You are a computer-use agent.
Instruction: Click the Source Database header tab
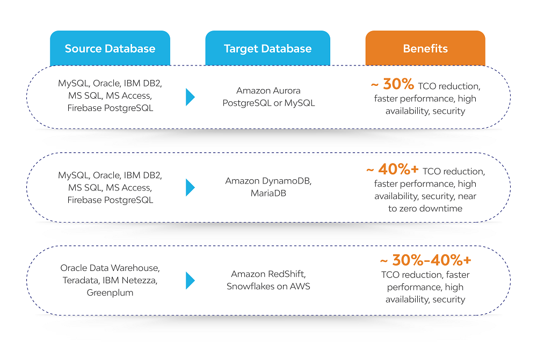[110, 48]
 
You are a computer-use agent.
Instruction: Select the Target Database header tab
[268, 48]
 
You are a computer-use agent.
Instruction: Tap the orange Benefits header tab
[425, 48]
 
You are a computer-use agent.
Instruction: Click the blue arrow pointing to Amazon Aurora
[191, 97]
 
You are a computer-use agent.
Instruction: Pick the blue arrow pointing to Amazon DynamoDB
[191, 188]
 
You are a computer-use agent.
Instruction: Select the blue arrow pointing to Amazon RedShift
[191, 281]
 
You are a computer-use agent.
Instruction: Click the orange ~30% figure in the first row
[393, 84]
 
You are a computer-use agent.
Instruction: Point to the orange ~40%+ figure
[393, 169]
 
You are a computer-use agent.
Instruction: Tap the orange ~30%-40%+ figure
[425, 260]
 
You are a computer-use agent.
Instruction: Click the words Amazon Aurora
[268, 91]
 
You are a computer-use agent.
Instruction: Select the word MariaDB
[268, 193]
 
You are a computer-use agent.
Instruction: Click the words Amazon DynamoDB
[268, 181]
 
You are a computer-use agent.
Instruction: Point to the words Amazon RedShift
[268, 274]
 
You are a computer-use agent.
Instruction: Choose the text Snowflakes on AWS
[268, 286]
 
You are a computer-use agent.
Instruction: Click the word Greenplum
[110, 293]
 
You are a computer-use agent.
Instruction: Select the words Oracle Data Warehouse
[110, 268]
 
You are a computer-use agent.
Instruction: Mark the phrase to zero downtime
[425, 208]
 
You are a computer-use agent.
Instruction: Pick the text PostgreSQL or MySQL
[268, 103]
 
